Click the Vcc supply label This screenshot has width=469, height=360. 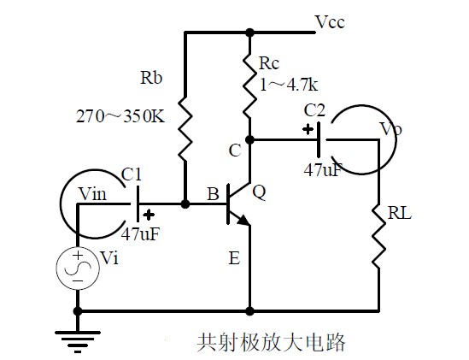click(x=330, y=22)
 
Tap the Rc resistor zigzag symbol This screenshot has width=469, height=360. click(x=249, y=86)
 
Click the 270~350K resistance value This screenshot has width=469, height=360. click(x=120, y=116)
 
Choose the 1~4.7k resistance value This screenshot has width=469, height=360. click(x=289, y=86)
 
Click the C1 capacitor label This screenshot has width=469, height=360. click(x=132, y=174)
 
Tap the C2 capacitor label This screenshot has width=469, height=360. click(x=314, y=110)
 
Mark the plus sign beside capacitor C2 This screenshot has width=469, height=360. click(x=308, y=130)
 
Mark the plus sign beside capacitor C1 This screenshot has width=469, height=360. click(x=149, y=215)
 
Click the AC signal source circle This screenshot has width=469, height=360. click(x=78, y=269)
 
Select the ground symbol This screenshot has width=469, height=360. click(x=78, y=342)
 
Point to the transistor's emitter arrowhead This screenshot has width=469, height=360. click(x=243, y=221)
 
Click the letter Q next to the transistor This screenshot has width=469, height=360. click(x=259, y=192)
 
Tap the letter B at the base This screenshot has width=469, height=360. click(x=213, y=194)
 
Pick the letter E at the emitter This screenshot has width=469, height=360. click(x=234, y=258)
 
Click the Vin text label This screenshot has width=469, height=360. click(x=93, y=194)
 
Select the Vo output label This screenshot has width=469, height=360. click(x=391, y=129)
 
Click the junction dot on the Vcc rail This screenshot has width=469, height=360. click(x=249, y=32)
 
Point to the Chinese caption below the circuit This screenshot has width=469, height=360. click(x=272, y=342)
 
